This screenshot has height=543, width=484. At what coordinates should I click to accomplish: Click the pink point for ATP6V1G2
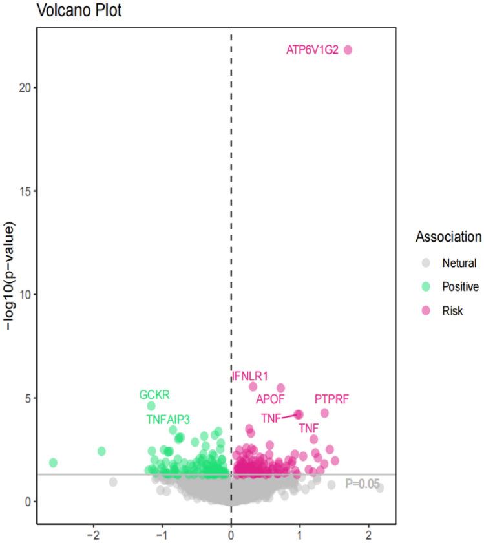tap(348, 50)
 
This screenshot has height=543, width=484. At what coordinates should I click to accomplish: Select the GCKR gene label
tap(154, 395)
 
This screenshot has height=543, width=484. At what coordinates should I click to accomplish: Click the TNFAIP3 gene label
tap(168, 419)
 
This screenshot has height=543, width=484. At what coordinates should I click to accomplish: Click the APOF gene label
tap(270, 399)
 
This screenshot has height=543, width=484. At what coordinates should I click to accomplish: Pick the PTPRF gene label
tap(331, 399)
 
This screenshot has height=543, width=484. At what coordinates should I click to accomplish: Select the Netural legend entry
tap(459, 263)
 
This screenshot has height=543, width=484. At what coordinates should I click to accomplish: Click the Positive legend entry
tap(460, 287)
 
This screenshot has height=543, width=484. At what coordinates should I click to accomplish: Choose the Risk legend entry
tap(452, 311)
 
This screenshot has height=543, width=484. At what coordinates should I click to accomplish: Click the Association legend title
tap(448, 237)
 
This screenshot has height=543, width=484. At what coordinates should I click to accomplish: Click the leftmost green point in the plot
tap(53, 463)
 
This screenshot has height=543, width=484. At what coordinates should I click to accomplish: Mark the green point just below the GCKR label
tap(151, 406)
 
